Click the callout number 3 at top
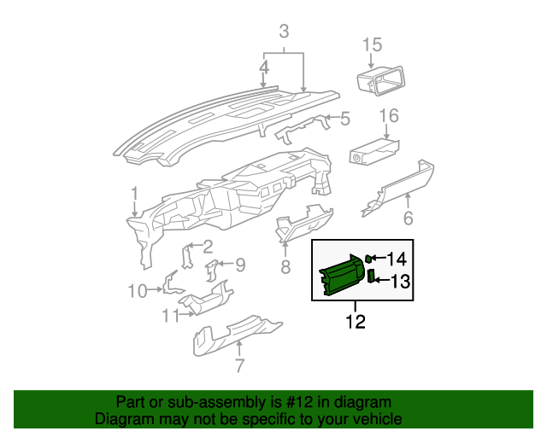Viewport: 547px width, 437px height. click(x=284, y=32)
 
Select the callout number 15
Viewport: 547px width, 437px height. click(x=372, y=44)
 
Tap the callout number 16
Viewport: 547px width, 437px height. click(x=389, y=115)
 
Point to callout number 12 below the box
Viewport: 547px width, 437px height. click(x=356, y=322)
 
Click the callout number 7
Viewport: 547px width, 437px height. click(x=239, y=367)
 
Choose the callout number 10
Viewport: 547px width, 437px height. click(x=138, y=292)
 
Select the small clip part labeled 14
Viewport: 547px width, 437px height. click(x=369, y=259)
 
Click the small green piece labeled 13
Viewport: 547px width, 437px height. click(x=372, y=277)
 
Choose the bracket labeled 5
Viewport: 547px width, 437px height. click(x=303, y=126)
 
